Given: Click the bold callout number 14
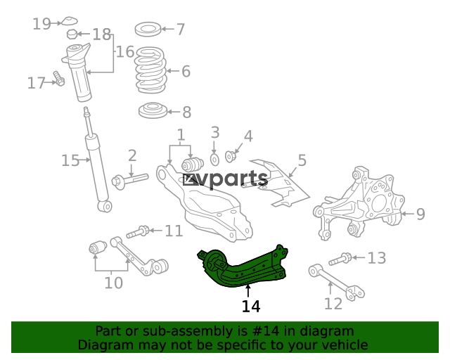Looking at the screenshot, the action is tap(251, 307).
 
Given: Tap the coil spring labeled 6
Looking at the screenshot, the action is tap(150, 70).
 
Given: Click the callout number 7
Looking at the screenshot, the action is tap(181, 30).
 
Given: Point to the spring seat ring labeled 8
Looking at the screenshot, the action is tap(153, 110).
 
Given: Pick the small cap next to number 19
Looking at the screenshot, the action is tap(70, 21).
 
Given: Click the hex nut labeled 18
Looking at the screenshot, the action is tap(72, 34).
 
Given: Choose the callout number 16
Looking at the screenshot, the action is tap(125, 51).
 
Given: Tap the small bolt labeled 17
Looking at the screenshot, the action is tap(59, 78).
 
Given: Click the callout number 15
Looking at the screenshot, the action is tap(70, 160).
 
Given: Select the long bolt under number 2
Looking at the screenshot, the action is tap(130, 180).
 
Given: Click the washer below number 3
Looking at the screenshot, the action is tap(214, 160).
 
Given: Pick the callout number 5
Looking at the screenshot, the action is tap(302, 160).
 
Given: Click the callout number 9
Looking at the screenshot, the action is tap(420, 214).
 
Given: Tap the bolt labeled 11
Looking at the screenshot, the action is tap(138, 231).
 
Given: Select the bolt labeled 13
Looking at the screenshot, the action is tap(340, 259).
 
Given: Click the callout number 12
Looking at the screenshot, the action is tap(333, 304).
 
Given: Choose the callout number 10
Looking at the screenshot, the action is tap(114, 283).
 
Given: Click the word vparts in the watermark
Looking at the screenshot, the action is tap(233, 179).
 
